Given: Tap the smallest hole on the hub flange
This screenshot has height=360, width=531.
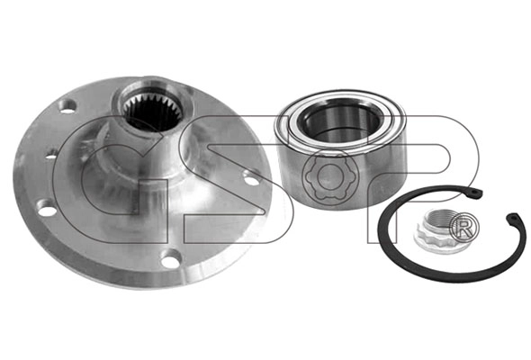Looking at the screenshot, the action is tap(50, 157).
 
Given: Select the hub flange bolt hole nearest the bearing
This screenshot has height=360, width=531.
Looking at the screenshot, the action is tap(252, 179).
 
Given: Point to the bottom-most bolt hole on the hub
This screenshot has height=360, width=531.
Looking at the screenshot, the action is tap(171, 261).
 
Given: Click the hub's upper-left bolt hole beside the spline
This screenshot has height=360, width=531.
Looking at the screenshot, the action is tap(67, 107).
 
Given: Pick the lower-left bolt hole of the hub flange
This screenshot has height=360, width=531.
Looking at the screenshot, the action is tap(47, 210).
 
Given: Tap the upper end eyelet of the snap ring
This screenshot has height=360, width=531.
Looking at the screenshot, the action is tap(476, 192).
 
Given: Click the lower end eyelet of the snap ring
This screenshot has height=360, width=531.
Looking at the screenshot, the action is tap(515, 218).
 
